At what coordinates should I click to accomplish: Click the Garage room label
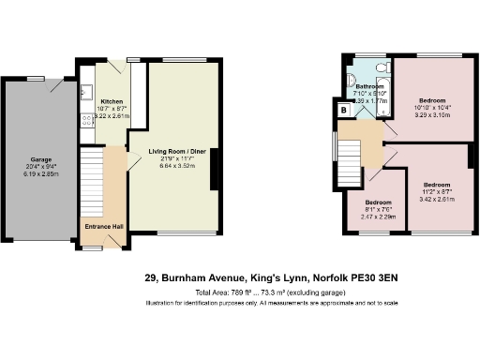coord(40,159)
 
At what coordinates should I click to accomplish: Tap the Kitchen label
coord(112,102)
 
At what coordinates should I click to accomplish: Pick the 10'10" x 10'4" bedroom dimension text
coord(432,109)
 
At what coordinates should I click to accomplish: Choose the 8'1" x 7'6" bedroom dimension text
coord(378,210)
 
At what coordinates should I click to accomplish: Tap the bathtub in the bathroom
coord(382,110)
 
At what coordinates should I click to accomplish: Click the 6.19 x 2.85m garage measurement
coord(40,174)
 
